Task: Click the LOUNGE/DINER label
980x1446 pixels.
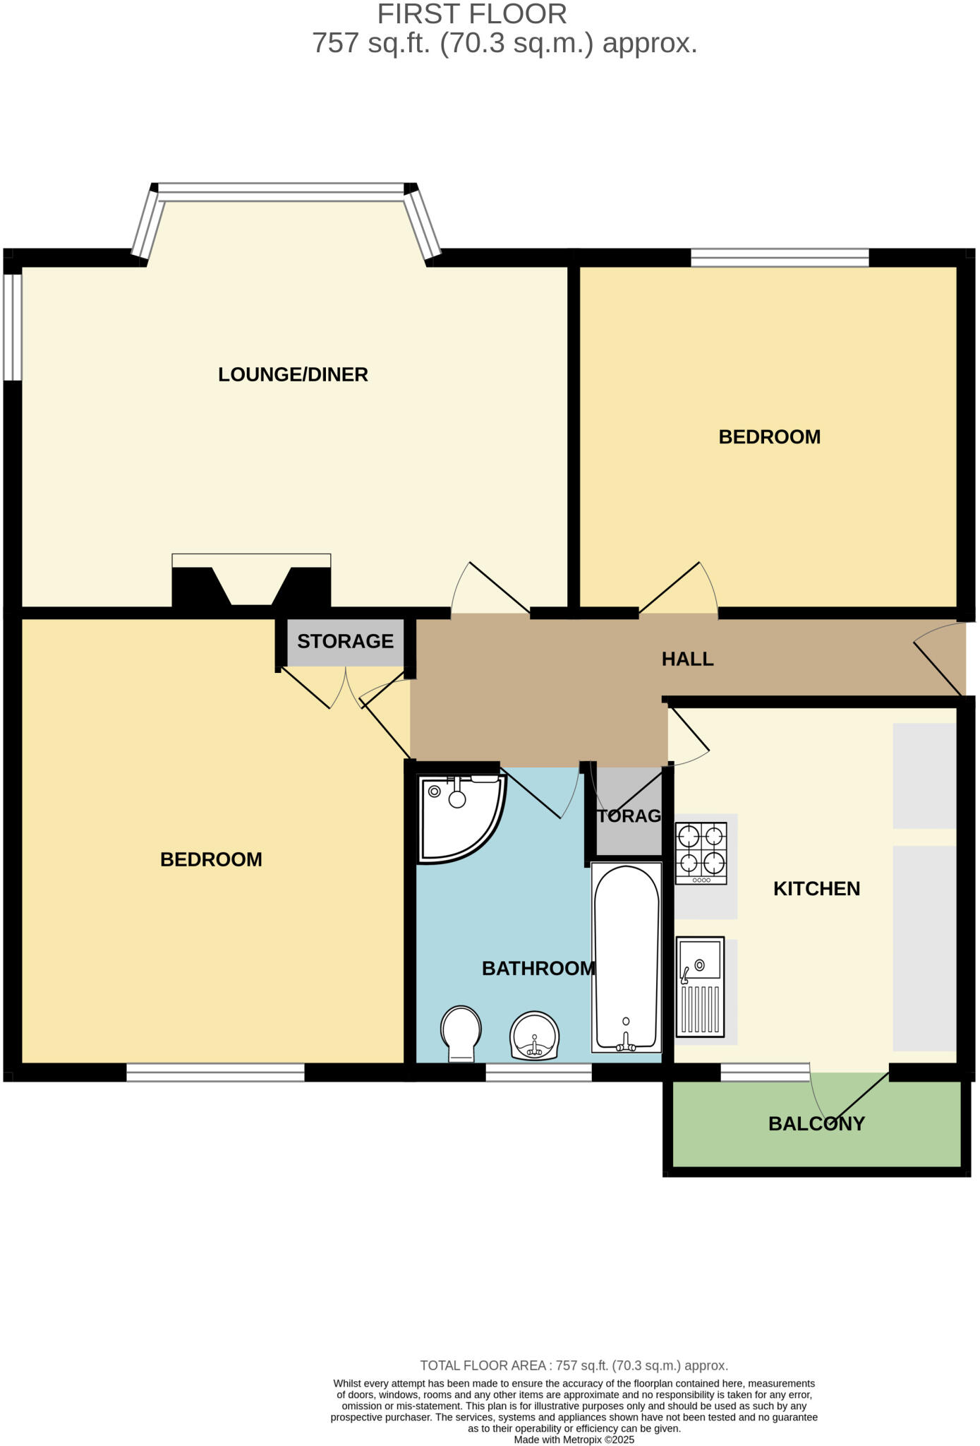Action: point(293,375)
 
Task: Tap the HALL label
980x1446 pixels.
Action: point(687,659)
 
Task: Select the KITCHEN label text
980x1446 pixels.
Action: point(816,889)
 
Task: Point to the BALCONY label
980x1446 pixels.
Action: point(816,1124)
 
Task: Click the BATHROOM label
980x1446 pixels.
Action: point(538,969)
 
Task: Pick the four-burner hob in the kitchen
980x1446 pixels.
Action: point(701,853)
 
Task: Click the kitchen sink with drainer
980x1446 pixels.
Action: point(700,986)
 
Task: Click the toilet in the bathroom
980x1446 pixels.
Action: point(461,1033)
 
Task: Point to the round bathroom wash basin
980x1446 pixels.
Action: point(534,1036)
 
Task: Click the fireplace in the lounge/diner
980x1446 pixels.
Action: point(251,581)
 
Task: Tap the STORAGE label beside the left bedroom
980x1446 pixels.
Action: point(345,642)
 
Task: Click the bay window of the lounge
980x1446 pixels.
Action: point(282,188)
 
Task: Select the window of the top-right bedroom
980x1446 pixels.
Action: point(780,258)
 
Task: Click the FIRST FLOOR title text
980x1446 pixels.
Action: point(472,14)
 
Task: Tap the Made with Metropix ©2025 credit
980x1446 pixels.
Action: point(574,1440)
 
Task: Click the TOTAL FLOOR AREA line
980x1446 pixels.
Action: point(574,1366)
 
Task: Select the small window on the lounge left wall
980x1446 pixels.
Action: point(12,327)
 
